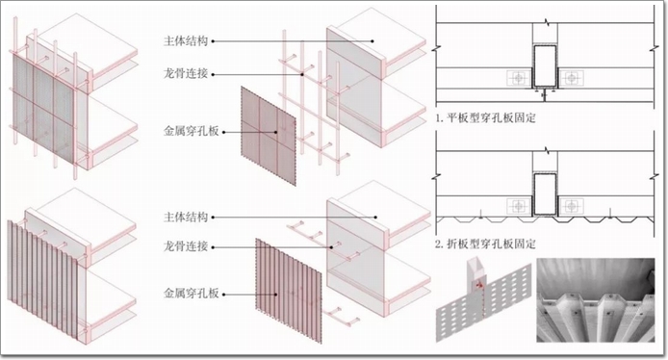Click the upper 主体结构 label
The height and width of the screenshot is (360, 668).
click(186, 40)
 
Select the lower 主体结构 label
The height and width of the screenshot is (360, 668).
click(186, 217)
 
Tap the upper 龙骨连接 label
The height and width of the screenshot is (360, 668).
click(186, 74)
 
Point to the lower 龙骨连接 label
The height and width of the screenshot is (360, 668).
click(186, 246)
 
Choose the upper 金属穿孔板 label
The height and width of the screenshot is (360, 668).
click(192, 131)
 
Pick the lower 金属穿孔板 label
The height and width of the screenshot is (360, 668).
click(192, 294)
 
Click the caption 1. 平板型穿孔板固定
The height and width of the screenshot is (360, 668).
click(485, 117)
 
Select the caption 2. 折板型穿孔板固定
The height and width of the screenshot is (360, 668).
click(485, 244)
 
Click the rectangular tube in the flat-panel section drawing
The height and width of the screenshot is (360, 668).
click(545, 65)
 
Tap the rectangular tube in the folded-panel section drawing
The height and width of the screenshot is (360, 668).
click(545, 193)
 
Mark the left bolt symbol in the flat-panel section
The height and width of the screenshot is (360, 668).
click(519, 78)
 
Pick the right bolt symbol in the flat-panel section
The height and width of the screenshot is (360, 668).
click(572, 78)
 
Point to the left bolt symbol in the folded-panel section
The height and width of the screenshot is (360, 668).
click(519, 206)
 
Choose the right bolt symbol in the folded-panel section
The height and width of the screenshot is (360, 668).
click(572, 206)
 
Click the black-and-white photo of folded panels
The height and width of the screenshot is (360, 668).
click(595, 300)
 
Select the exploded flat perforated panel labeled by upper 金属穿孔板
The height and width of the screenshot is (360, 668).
click(269, 137)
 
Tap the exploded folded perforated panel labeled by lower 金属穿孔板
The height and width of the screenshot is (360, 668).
click(289, 291)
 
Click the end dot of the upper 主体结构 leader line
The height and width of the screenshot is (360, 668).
click(373, 41)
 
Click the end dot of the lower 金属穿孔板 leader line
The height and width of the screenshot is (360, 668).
click(276, 294)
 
